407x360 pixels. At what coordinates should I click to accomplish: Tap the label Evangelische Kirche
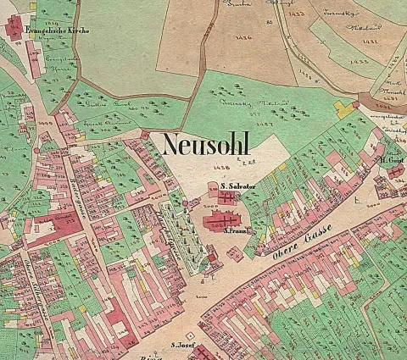(59, 30)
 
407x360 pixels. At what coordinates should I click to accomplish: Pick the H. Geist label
(391, 161)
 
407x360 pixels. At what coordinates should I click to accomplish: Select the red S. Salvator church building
(227, 197)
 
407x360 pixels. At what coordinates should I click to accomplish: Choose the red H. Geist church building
(395, 172)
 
